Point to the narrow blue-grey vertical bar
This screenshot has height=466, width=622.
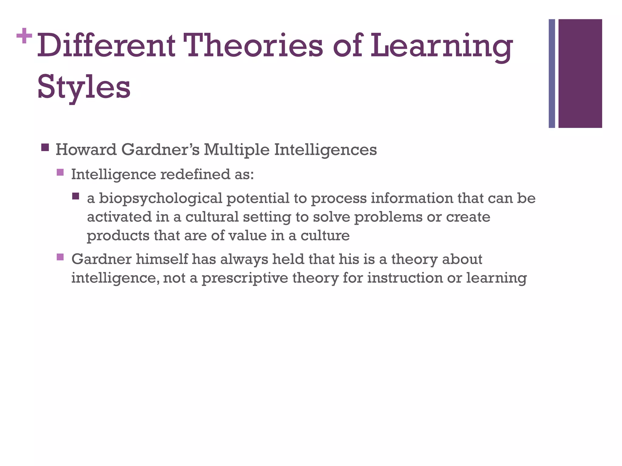(552, 73)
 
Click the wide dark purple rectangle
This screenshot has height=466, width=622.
(580, 73)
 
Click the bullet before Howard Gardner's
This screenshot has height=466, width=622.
(45, 148)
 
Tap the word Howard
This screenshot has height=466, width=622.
(86, 150)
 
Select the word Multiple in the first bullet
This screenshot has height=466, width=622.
(236, 150)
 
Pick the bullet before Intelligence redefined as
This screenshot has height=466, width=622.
(60, 172)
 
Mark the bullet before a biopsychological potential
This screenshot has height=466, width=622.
(76, 196)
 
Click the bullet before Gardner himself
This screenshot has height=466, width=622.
(60, 257)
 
